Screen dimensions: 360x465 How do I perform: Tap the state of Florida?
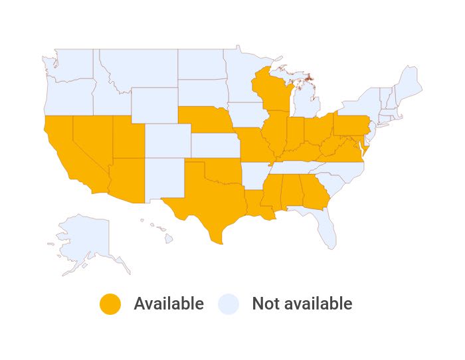pyautogui.click(x=325, y=226)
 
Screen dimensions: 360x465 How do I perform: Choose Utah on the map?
pyautogui.click(x=126, y=139)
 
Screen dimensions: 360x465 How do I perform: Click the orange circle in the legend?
pyautogui.click(x=110, y=304)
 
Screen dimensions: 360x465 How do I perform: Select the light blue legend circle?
pyautogui.click(x=229, y=304)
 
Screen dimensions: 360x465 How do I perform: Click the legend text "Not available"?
pyautogui.click(x=302, y=304)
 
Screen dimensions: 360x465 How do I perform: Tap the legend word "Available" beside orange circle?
pyautogui.click(x=169, y=304)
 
